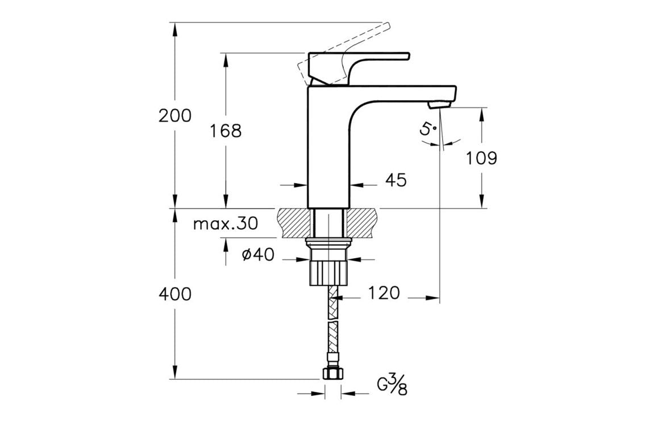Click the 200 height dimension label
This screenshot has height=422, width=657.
[x=175, y=116]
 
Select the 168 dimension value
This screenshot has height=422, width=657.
[x=226, y=131]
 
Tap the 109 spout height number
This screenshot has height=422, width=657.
[x=481, y=158]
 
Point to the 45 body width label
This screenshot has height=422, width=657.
[x=396, y=180]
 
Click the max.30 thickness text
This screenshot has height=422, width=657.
[x=225, y=224]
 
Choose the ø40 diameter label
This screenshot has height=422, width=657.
[x=258, y=255]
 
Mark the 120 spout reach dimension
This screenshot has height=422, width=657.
[x=384, y=293]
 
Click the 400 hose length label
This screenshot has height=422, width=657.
[x=175, y=294]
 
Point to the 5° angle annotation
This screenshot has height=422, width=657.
[x=429, y=130]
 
